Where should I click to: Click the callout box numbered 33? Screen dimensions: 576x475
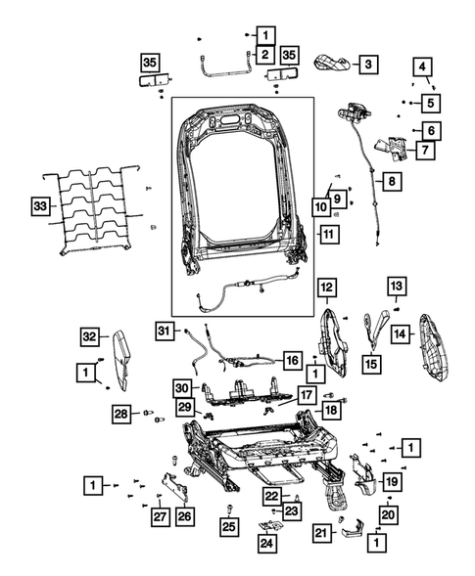pos(39,206)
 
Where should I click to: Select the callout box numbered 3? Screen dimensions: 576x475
pos(367,65)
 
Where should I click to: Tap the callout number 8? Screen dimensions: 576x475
pos(391,181)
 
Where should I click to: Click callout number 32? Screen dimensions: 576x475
pos(90,337)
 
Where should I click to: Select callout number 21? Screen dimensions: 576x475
pos(321,532)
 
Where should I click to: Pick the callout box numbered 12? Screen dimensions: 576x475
pos(326,287)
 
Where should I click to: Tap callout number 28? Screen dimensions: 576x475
pos(120,415)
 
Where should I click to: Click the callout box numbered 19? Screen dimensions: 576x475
pos(390,481)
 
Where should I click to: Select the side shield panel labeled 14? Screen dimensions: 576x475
pos(432,344)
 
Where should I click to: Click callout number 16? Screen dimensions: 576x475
pos(292,361)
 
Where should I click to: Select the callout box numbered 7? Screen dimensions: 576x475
pos(425,151)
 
